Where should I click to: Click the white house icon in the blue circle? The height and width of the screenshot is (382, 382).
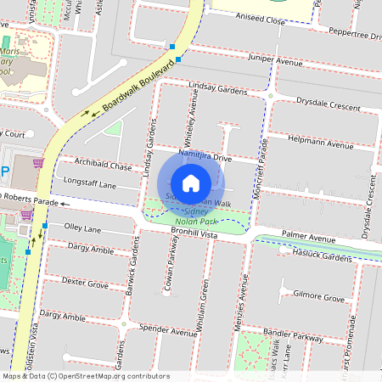191,183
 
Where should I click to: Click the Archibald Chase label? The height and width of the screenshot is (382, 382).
103,166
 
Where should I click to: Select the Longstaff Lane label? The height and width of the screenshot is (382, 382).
84,183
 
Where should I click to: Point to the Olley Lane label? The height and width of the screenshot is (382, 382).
83,228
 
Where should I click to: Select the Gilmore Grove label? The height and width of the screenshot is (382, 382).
318,298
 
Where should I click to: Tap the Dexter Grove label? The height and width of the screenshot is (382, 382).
85,284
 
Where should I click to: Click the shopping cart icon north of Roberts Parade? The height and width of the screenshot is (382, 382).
37,163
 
